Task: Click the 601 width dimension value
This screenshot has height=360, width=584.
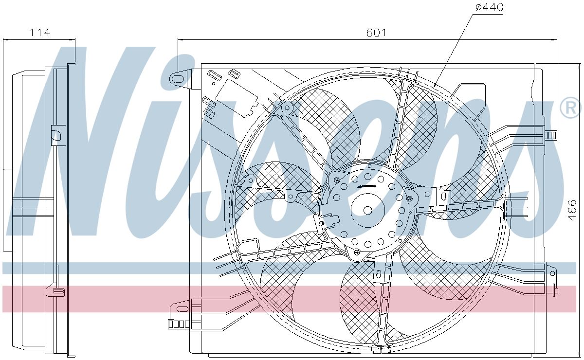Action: tap(376, 33)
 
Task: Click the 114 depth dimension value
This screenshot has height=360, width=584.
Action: tap(40, 33)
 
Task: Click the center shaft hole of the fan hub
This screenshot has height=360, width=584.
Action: tap(368, 210)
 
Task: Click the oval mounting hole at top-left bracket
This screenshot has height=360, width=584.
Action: tap(178, 79)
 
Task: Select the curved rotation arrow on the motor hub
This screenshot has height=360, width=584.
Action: tap(368, 186)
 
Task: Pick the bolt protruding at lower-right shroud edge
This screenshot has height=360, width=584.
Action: tap(555, 290)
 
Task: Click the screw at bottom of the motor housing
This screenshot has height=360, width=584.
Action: tap(358, 252)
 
